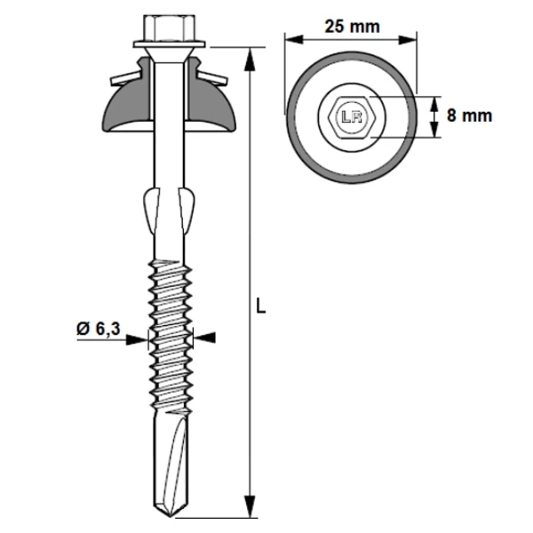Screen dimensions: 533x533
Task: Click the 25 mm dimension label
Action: (x=352, y=26)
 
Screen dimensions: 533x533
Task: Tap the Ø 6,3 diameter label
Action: (x=98, y=330)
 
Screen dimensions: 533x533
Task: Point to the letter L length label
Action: (x=261, y=307)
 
